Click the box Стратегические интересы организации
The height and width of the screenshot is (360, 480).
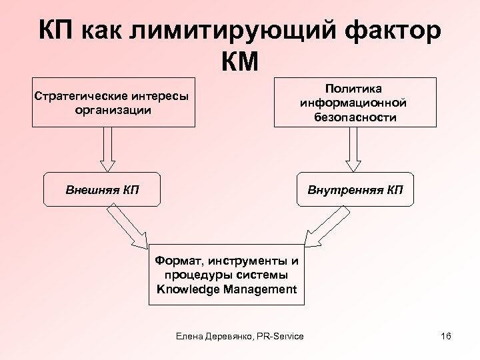(x=113, y=103)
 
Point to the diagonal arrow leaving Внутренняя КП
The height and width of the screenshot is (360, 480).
(x=326, y=227)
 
